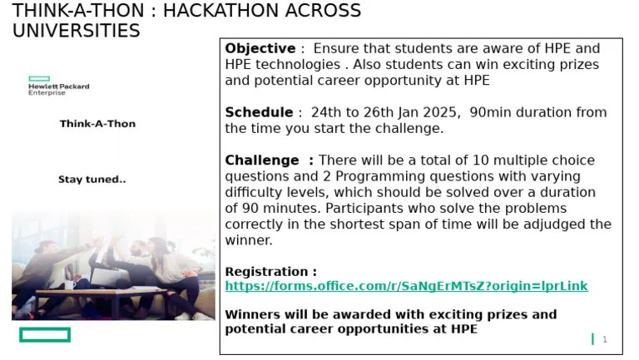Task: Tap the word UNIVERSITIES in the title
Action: [x=76, y=31]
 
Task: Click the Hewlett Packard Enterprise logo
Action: [x=58, y=86]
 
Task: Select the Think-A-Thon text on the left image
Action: [x=97, y=124]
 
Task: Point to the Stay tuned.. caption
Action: [x=92, y=180]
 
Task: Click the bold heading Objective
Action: [x=260, y=48]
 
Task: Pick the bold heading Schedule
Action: [x=258, y=112]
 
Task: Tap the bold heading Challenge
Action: [x=261, y=160]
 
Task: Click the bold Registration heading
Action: [x=270, y=272]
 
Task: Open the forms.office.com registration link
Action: [x=406, y=286]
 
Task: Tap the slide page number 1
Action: [x=605, y=339]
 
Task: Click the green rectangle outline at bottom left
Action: [x=45, y=335]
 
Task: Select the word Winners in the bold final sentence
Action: [x=252, y=314]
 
